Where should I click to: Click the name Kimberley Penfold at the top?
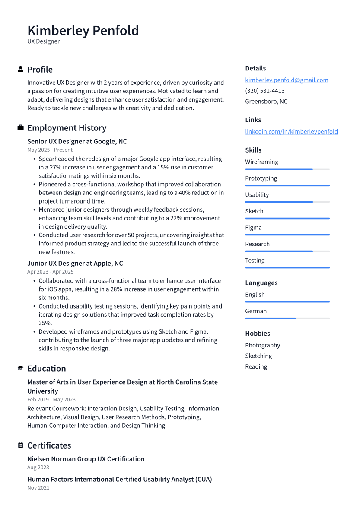tap(83, 31)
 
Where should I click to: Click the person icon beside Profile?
tap(20, 69)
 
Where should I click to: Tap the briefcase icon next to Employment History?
tap(20, 128)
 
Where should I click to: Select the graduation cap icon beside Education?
tap(20, 368)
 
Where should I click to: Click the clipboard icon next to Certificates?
tap(20, 445)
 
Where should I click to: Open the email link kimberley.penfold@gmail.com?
tap(287, 80)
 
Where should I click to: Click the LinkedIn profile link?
tap(291, 131)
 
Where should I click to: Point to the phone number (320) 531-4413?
tap(264, 91)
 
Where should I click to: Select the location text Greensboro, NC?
tap(266, 102)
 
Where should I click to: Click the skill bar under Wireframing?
tap(287, 169)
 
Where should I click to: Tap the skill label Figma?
tap(253, 228)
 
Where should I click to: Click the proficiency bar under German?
tap(287, 318)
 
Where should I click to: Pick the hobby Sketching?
tap(258, 356)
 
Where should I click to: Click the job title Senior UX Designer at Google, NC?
tap(77, 141)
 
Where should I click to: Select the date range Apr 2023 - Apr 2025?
tap(50, 272)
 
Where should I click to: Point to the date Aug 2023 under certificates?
tap(38, 468)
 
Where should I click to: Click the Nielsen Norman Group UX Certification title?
tap(86, 459)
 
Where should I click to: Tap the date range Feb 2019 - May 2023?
tap(51, 400)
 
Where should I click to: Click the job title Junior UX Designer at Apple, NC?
tap(75, 263)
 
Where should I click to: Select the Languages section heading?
tap(261, 283)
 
